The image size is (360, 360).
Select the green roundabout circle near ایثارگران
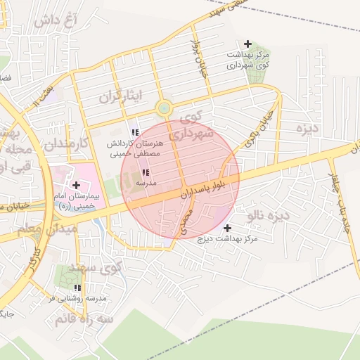[164, 108]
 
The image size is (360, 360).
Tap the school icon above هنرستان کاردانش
[134, 132]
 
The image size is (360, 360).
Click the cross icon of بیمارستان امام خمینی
[76, 184]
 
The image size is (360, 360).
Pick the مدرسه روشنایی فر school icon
[78, 288]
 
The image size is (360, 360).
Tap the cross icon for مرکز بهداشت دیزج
[227, 228]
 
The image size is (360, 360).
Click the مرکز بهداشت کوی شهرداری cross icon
[247, 44]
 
